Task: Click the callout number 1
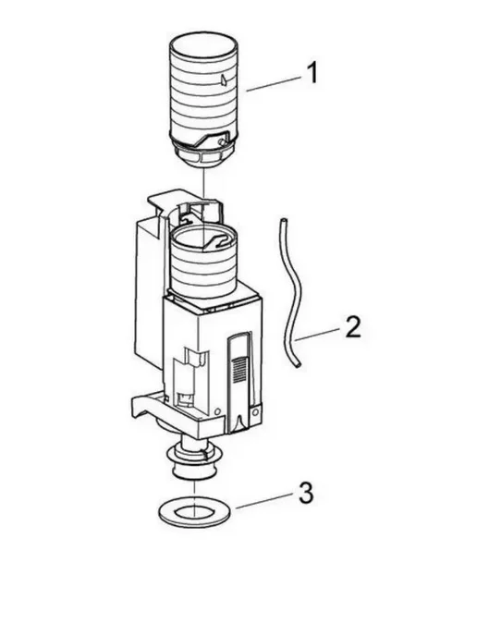click(x=312, y=73)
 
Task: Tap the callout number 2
click(x=352, y=327)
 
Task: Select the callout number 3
click(x=306, y=493)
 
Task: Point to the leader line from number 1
click(x=273, y=84)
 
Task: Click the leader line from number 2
click(x=317, y=335)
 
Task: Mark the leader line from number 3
click(x=263, y=500)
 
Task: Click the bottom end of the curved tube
click(x=299, y=365)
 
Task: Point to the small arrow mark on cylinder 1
click(x=222, y=79)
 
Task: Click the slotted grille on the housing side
click(x=238, y=369)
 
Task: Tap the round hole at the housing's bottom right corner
click(x=255, y=412)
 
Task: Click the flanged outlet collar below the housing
click(x=194, y=460)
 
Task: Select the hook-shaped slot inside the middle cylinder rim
click(x=217, y=240)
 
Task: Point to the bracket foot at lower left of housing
click(x=142, y=406)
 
